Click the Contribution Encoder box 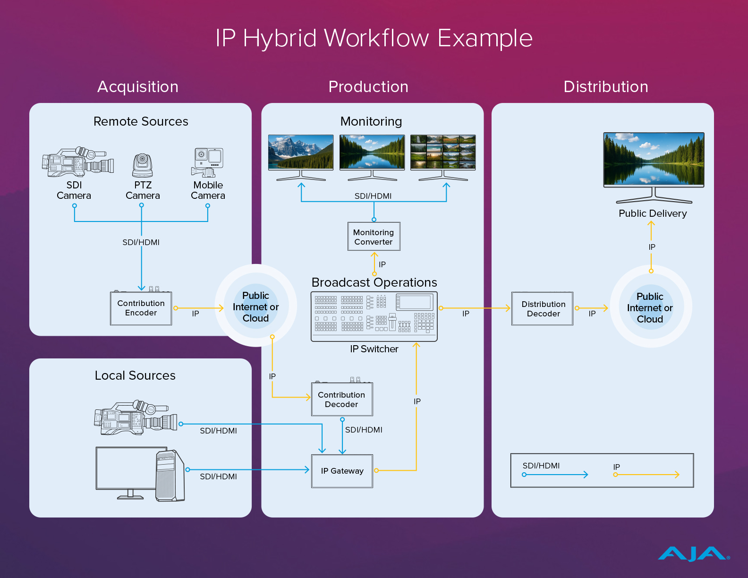coord(141,308)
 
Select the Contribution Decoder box coord(342,399)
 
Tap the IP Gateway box coord(342,471)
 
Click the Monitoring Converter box coord(374,237)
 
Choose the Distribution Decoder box coord(542,308)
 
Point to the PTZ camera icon coord(142,165)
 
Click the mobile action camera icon coord(207,162)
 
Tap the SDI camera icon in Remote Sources coord(78,162)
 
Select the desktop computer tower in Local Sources coord(170,476)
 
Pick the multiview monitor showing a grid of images coord(443,158)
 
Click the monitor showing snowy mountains coord(301,158)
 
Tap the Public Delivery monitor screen coord(654,160)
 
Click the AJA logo coord(693,553)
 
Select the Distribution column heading coord(606,87)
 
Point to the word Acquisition coord(138,87)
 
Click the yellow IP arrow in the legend coord(646,475)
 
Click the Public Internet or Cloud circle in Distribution coord(651,306)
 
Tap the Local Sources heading coord(135,375)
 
